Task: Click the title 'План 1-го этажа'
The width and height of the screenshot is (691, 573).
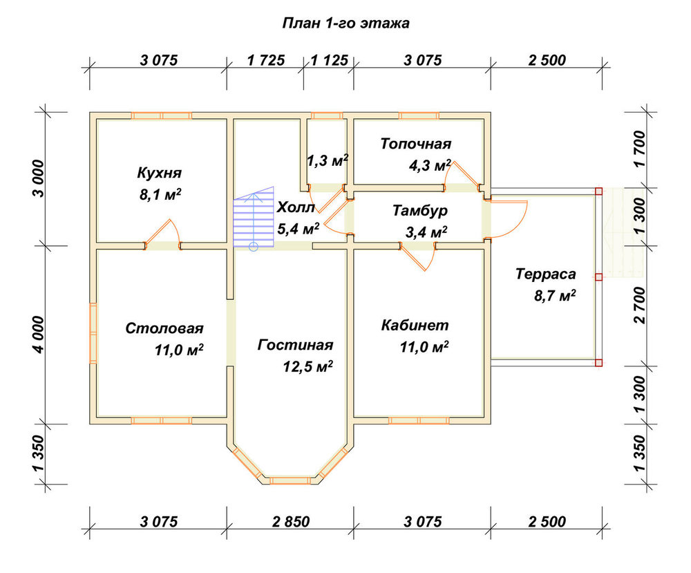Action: coord(345,23)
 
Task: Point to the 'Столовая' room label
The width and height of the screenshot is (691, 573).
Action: coord(164,328)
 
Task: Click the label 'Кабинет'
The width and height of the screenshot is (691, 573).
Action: coord(415,326)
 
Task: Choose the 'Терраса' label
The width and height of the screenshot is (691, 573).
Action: coord(546,274)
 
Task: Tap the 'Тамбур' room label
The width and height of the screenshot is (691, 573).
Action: coord(420,210)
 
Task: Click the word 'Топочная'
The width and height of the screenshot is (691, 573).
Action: coord(416,144)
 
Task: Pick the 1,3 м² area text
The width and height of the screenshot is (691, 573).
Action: coord(328,160)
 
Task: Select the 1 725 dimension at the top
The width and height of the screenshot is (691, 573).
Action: coord(266,60)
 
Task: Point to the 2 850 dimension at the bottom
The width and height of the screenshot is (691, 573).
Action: coord(291,522)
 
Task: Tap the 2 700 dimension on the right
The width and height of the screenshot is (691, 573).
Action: coord(639,305)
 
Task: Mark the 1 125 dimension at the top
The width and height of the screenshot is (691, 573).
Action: coord(329,60)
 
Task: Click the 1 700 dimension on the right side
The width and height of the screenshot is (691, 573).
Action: coord(639,149)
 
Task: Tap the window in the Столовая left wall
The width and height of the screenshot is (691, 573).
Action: coord(93,333)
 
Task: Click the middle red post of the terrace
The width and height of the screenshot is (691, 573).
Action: coord(598,276)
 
